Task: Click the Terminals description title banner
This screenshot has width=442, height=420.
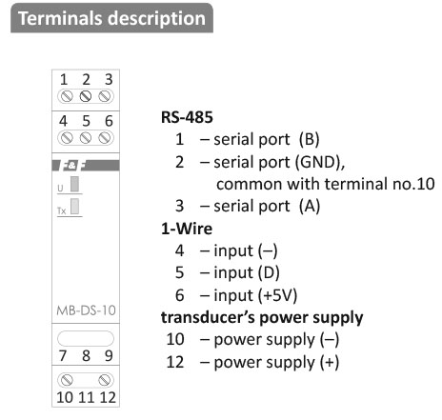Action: click(111, 18)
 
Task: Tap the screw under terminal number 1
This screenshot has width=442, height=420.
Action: click(67, 96)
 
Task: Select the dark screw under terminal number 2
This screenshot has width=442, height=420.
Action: click(86, 96)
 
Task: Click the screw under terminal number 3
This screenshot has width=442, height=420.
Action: click(105, 96)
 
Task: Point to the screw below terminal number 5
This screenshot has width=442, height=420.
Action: click(86, 138)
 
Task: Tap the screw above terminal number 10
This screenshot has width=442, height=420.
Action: click(67, 380)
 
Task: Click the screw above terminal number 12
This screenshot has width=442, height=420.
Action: click(105, 380)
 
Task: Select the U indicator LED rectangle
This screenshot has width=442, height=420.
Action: click(74, 184)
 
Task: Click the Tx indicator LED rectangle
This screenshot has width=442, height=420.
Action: click(74, 207)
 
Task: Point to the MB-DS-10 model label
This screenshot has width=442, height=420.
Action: click(86, 310)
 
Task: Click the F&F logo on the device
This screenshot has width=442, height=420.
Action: click(74, 166)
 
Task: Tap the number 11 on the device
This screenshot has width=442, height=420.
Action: click(87, 397)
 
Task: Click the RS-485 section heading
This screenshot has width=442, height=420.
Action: click(187, 117)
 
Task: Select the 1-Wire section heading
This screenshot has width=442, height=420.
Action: click(187, 229)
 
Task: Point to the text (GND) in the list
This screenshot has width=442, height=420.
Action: click(318, 162)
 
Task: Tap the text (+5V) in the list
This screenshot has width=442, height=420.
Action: click(277, 295)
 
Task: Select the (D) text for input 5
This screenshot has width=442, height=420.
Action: click(269, 273)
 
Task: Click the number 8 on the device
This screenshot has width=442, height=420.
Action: click(86, 356)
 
